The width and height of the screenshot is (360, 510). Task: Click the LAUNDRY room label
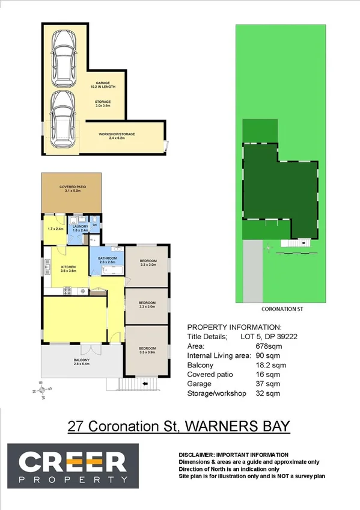click(80, 227)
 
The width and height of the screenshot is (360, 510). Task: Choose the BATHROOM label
click(106, 260)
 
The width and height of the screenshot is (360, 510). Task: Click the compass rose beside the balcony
click(42, 392)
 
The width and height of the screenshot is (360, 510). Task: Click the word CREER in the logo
click(72, 461)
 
